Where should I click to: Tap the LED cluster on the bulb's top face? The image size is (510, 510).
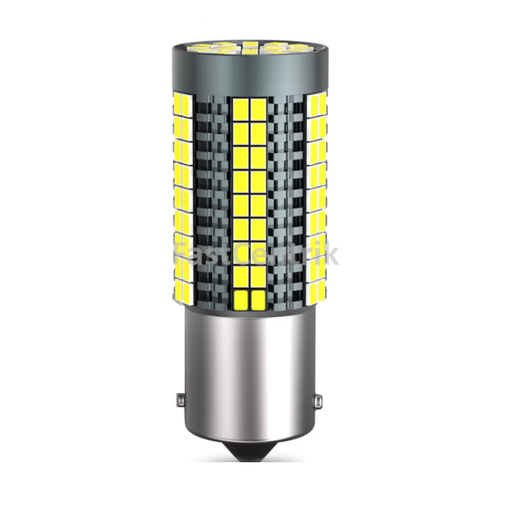pyautogui.click(x=255, y=45)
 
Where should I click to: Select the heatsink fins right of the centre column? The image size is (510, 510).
pyautogui.click(x=294, y=199)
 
